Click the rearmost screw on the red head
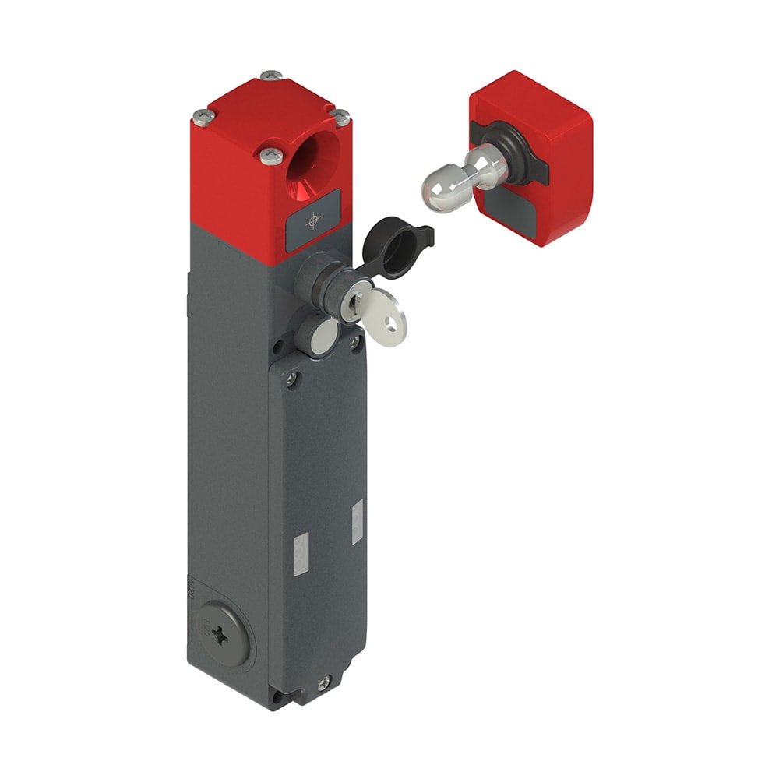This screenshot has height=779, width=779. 272,76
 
